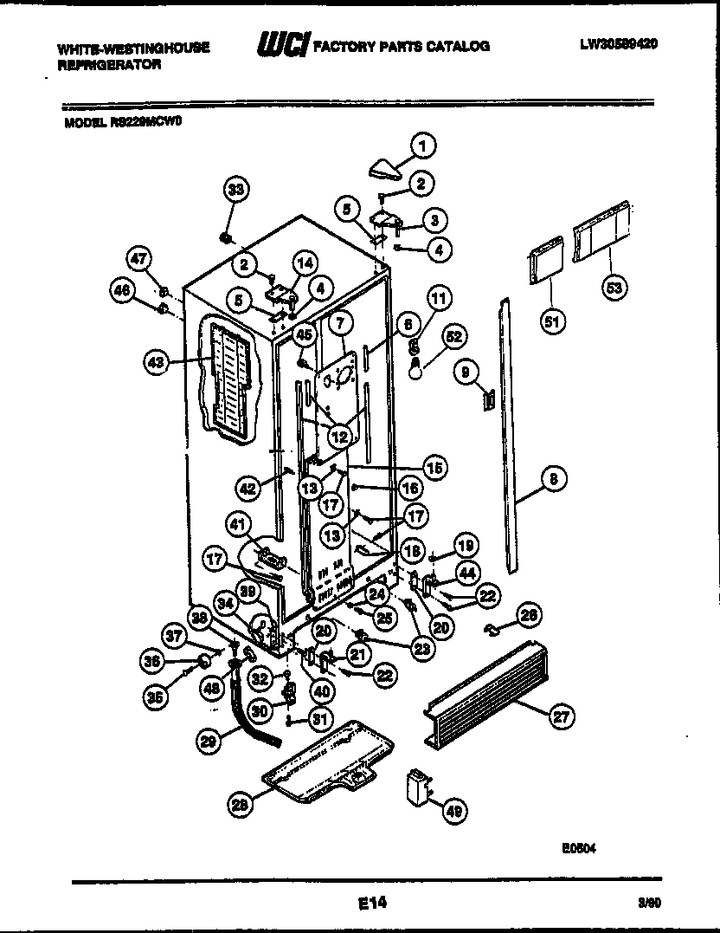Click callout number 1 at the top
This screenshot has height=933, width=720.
click(423, 146)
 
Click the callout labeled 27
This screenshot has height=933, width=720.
click(562, 715)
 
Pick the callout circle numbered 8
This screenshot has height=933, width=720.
click(555, 477)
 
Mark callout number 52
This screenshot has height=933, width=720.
click(453, 335)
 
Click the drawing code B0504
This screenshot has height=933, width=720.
click(579, 849)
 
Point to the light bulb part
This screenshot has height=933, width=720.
click(416, 370)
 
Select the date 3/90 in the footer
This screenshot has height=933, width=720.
click(649, 902)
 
